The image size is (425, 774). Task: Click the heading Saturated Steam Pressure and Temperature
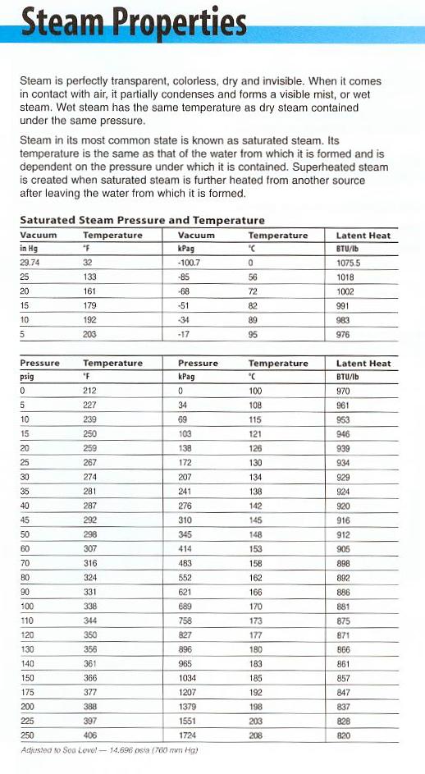[141, 220]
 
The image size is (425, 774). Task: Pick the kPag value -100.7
[190, 263]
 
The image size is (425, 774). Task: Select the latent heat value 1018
[344, 277]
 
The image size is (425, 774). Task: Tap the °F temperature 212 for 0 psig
[90, 391]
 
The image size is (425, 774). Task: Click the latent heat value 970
[343, 391]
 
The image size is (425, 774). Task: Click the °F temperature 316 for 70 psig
[90, 564]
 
